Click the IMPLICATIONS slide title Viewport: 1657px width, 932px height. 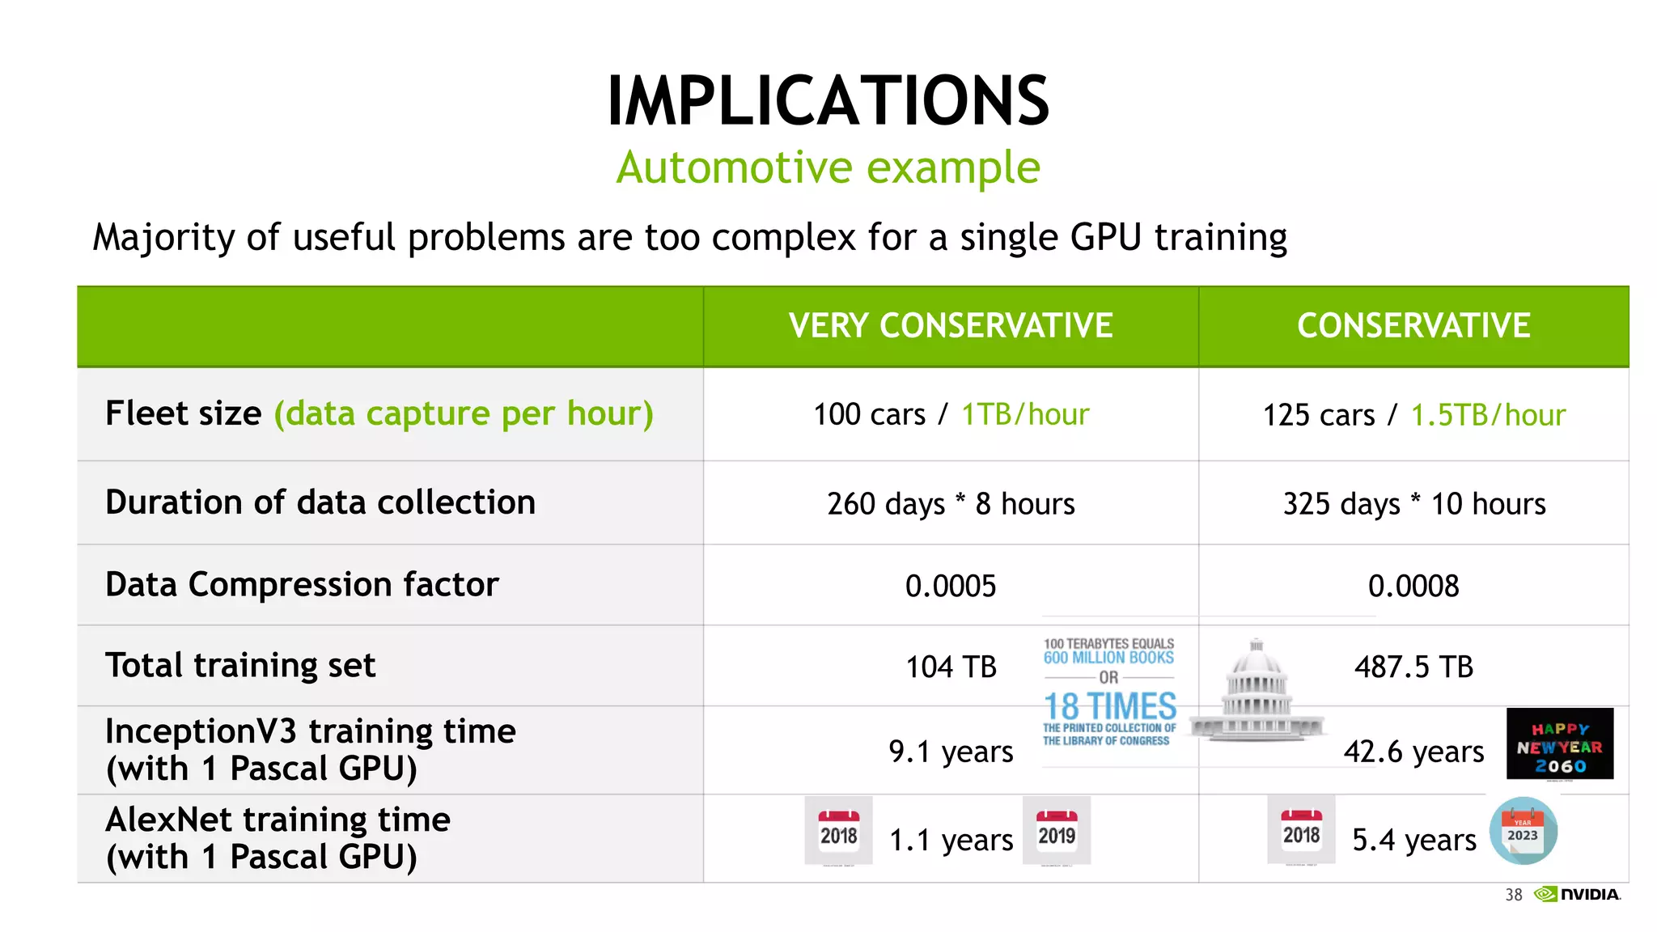coord(828,101)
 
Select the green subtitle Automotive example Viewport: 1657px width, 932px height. coord(828,167)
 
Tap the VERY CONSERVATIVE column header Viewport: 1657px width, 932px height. coord(951,326)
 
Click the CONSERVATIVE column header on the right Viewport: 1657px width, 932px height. coord(1413,326)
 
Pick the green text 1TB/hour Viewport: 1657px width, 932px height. coord(1025,414)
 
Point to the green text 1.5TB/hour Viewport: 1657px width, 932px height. coord(1488,415)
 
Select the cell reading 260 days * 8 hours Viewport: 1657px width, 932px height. coord(951,504)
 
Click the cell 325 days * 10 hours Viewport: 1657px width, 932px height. coord(1413,504)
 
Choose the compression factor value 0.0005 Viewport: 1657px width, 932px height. coord(951,586)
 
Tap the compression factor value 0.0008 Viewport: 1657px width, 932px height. coord(1413,586)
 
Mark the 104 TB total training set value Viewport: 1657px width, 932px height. coord(951,667)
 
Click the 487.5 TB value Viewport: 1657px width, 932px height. coord(1413,667)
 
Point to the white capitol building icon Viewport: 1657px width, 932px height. coord(1257,692)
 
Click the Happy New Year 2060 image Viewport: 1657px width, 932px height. coord(1559,744)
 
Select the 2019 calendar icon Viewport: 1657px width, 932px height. coord(1057,831)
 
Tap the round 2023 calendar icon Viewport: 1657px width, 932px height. coord(1523,831)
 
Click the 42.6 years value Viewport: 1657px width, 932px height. coord(1413,752)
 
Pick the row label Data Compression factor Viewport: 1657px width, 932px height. coord(302,584)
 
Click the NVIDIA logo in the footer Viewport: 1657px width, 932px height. coord(1578,894)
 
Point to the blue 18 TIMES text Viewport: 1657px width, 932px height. coord(1110,706)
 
